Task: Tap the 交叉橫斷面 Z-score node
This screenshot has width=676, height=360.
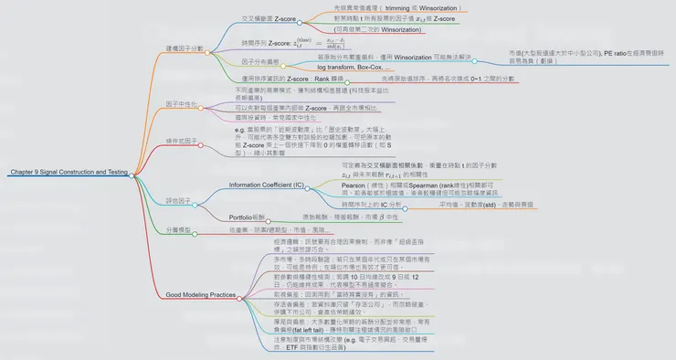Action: tap(268, 17)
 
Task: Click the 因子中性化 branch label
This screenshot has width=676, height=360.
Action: tap(182, 105)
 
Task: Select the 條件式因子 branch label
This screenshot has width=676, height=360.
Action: tap(182, 142)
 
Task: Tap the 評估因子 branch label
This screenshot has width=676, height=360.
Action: tap(177, 199)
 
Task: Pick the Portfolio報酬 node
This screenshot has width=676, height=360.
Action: tap(249, 217)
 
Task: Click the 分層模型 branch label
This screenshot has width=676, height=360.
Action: tap(178, 230)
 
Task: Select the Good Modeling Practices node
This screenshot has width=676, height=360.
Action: tap(201, 295)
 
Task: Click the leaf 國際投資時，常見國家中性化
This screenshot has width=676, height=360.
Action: tap(274, 118)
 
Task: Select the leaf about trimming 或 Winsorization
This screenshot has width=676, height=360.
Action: tap(393, 7)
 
